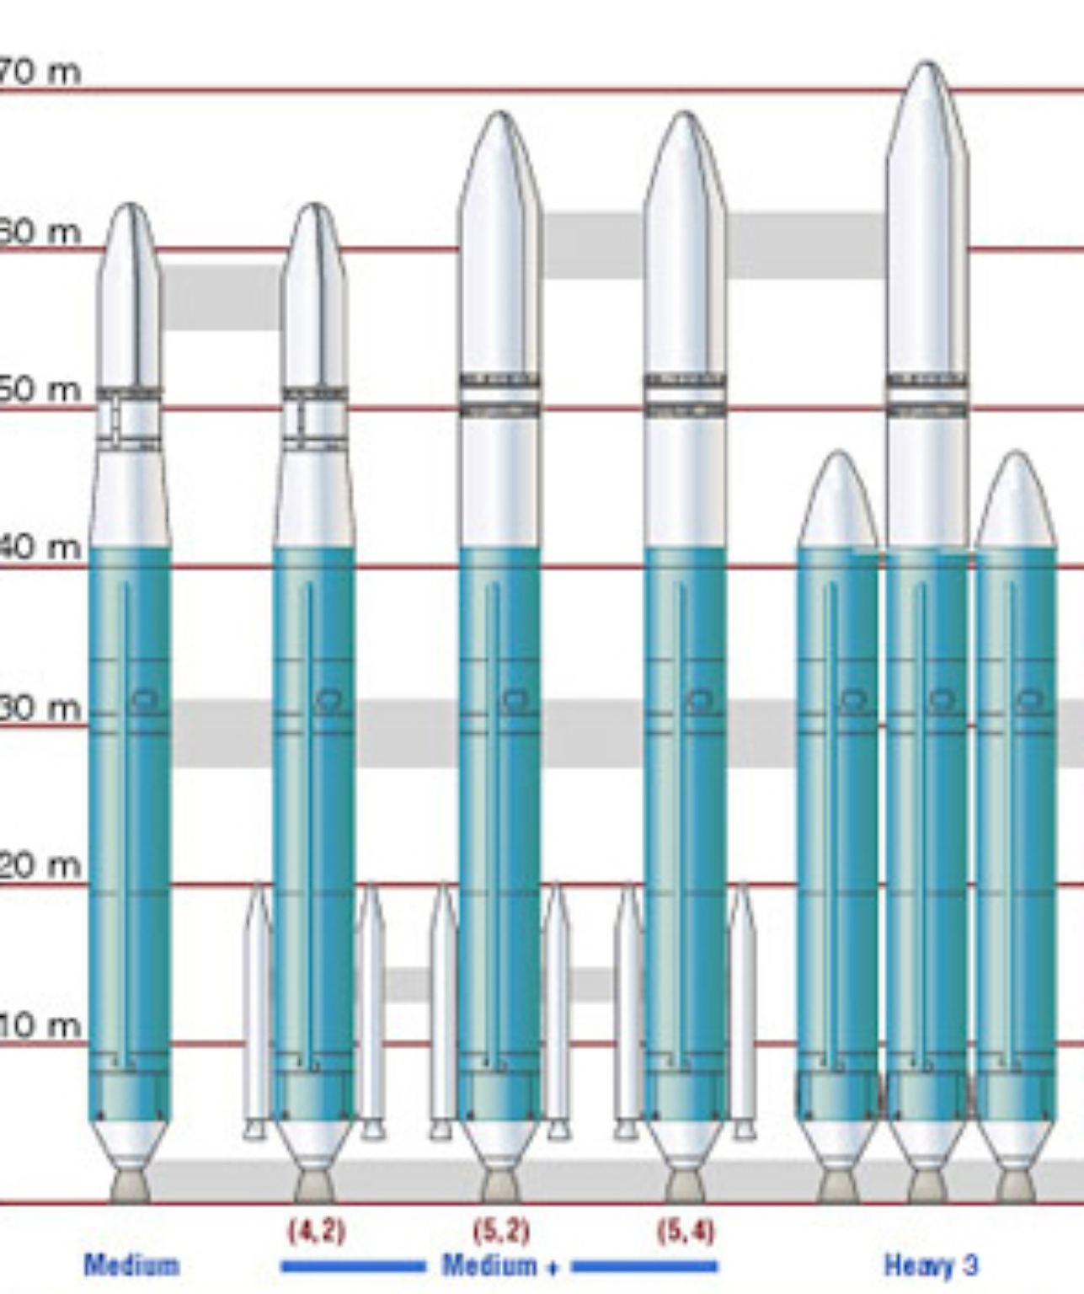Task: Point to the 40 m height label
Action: coord(40,548)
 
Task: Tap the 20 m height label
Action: coord(40,865)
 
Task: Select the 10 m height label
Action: coord(40,1025)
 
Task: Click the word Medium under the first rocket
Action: coord(131,1265)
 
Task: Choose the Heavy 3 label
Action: coord(931,1265)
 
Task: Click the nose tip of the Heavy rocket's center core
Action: coord(926,67)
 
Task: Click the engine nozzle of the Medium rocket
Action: coord(130,1185)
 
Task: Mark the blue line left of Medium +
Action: coord(353,1265)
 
